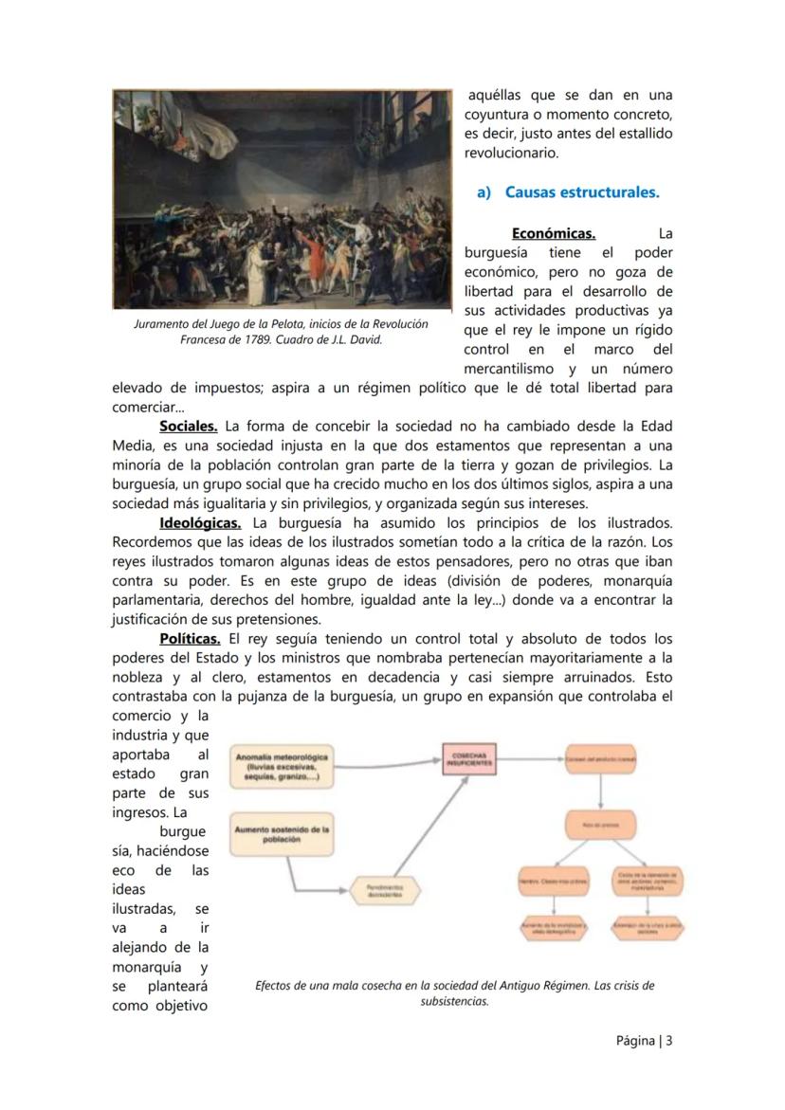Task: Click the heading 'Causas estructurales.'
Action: coord(581,192)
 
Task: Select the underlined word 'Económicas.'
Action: coord(553,233)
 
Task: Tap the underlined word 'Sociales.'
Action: coord(188,427)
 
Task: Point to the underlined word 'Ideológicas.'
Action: coord(200,522)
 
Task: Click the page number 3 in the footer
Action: coord(668,1040)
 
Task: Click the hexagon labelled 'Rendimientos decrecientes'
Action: coord(384,890)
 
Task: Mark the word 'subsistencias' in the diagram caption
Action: coord(453,1001)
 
